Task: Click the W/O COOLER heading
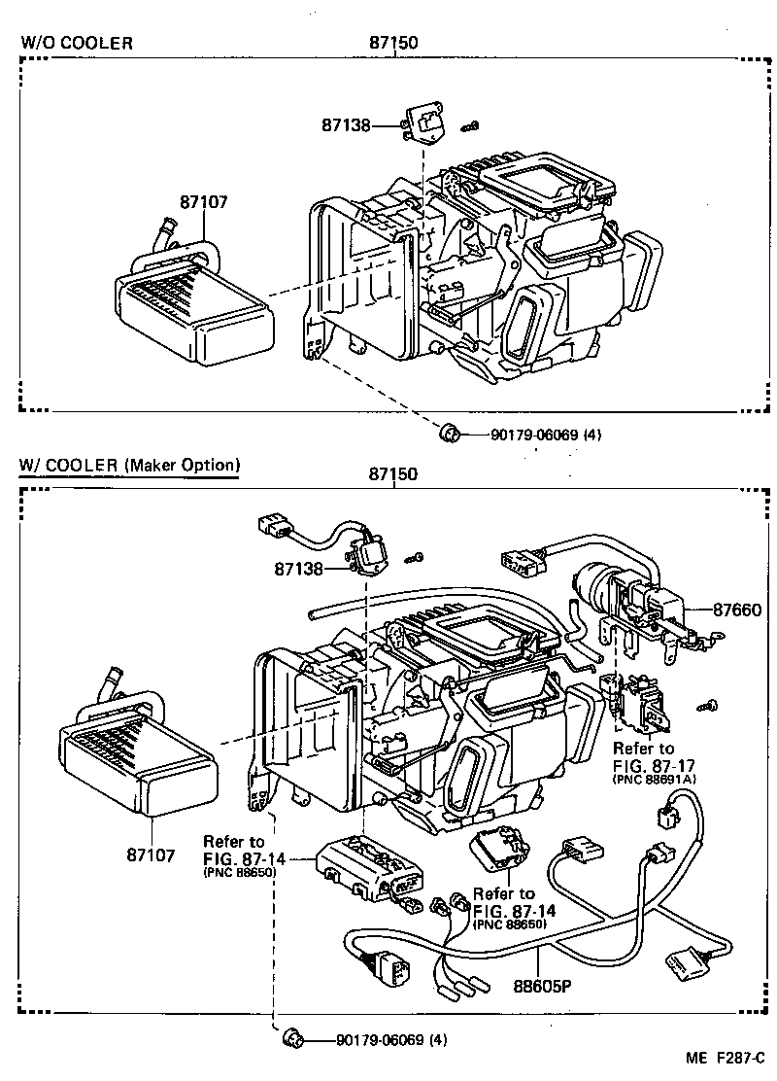(x=77, y=43)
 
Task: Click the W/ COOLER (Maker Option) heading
(x=127, y=465)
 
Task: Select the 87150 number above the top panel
(x=392, y=42)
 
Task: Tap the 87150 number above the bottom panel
(x=392, y=474)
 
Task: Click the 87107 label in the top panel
(x=203, y=202)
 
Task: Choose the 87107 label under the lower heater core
(x=150, y=855)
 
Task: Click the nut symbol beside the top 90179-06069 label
(x=450, y=433)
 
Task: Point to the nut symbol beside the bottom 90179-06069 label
(x=292, y=1040)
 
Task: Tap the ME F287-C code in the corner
(x=726, y=1060)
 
